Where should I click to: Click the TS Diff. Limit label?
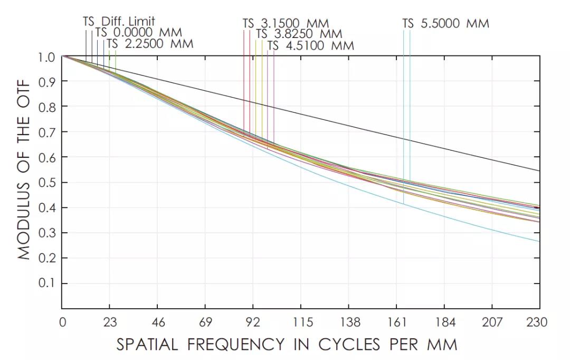(119, 22)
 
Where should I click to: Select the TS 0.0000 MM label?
(138, 33)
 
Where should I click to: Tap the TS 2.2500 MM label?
(150, 44)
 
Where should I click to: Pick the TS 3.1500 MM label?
(286, 24)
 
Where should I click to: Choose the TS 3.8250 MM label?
(299, 34)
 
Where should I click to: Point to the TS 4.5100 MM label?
(310, 45)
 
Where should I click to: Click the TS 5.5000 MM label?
(446, 24)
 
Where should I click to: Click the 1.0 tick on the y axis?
(47, 56)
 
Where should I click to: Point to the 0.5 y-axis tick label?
(47, 183)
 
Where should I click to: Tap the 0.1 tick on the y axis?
(47, 284)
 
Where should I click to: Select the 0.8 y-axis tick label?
(47, 107)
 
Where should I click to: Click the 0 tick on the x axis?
(62, 322)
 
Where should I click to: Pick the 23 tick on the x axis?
(109, 322)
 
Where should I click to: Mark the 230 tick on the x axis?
(539, 322)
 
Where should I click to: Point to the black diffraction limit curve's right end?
(539, 170)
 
